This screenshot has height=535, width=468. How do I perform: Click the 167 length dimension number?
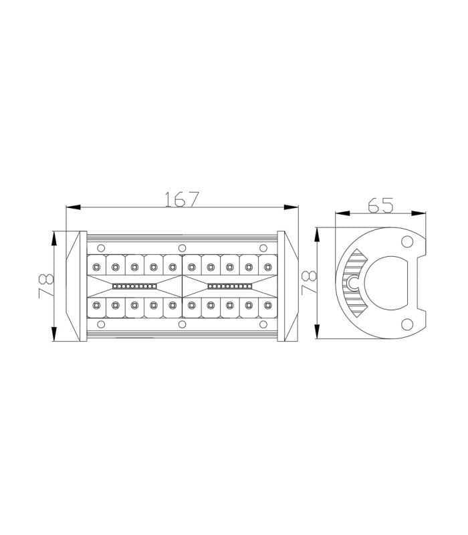(181, 199)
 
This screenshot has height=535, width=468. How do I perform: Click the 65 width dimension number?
(380, 205)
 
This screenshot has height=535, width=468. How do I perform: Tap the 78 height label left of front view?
(45, 286)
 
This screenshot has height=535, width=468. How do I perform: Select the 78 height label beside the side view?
(308, 283)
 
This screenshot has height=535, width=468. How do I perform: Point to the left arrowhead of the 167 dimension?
(73, 207)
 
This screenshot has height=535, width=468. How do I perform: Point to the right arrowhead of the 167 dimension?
(291, 207)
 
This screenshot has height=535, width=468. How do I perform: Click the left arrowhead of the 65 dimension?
(343, 213)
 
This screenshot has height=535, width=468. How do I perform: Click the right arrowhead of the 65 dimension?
(419, 213)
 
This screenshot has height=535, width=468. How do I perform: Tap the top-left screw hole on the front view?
(101, 248)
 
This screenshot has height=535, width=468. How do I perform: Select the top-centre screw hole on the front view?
(182, 248)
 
